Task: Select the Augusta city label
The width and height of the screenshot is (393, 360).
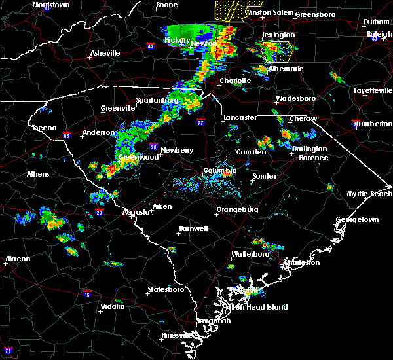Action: [136, 212]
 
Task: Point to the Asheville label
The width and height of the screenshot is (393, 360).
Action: [105, 53]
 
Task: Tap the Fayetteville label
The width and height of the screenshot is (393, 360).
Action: [371, 90]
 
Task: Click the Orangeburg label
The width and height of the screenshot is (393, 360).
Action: [237, 209]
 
